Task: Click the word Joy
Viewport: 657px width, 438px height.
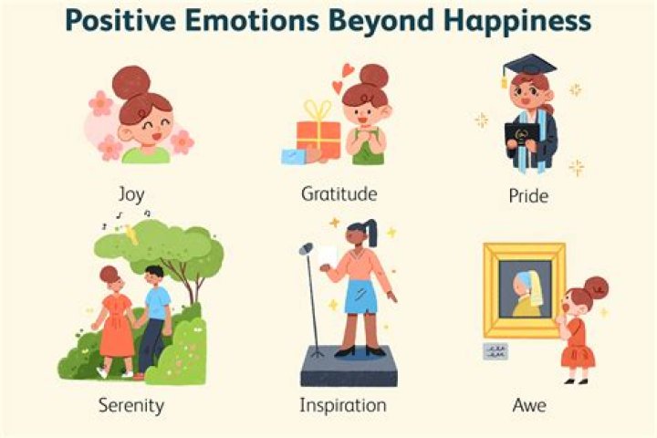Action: tap(131, 194)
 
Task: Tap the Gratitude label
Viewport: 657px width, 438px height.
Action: tap(339, 194)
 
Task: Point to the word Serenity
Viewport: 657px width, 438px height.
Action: tap(130, 404)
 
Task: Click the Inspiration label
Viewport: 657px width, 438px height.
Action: tap(343, 404)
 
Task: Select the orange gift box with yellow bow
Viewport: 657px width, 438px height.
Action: tap(318, 137)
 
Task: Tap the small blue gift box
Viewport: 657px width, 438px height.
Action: tap(296, 155)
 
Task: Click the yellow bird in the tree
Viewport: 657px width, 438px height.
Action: tap(131, 235)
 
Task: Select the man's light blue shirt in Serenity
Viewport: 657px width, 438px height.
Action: tap(158, 303)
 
